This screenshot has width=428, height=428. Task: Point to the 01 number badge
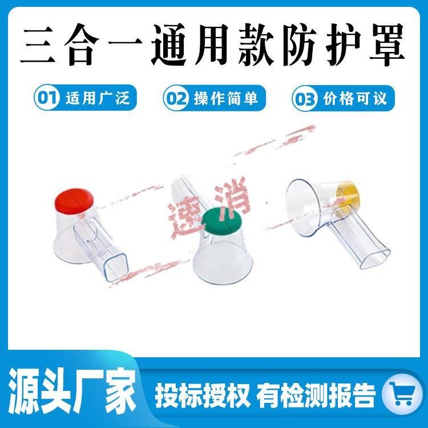pyautogui.click(x=46, y=98)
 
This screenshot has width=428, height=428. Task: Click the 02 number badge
pyautogui.click(x=175, y=98)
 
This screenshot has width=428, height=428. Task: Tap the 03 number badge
pyautogui.click(x=304, y=99)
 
